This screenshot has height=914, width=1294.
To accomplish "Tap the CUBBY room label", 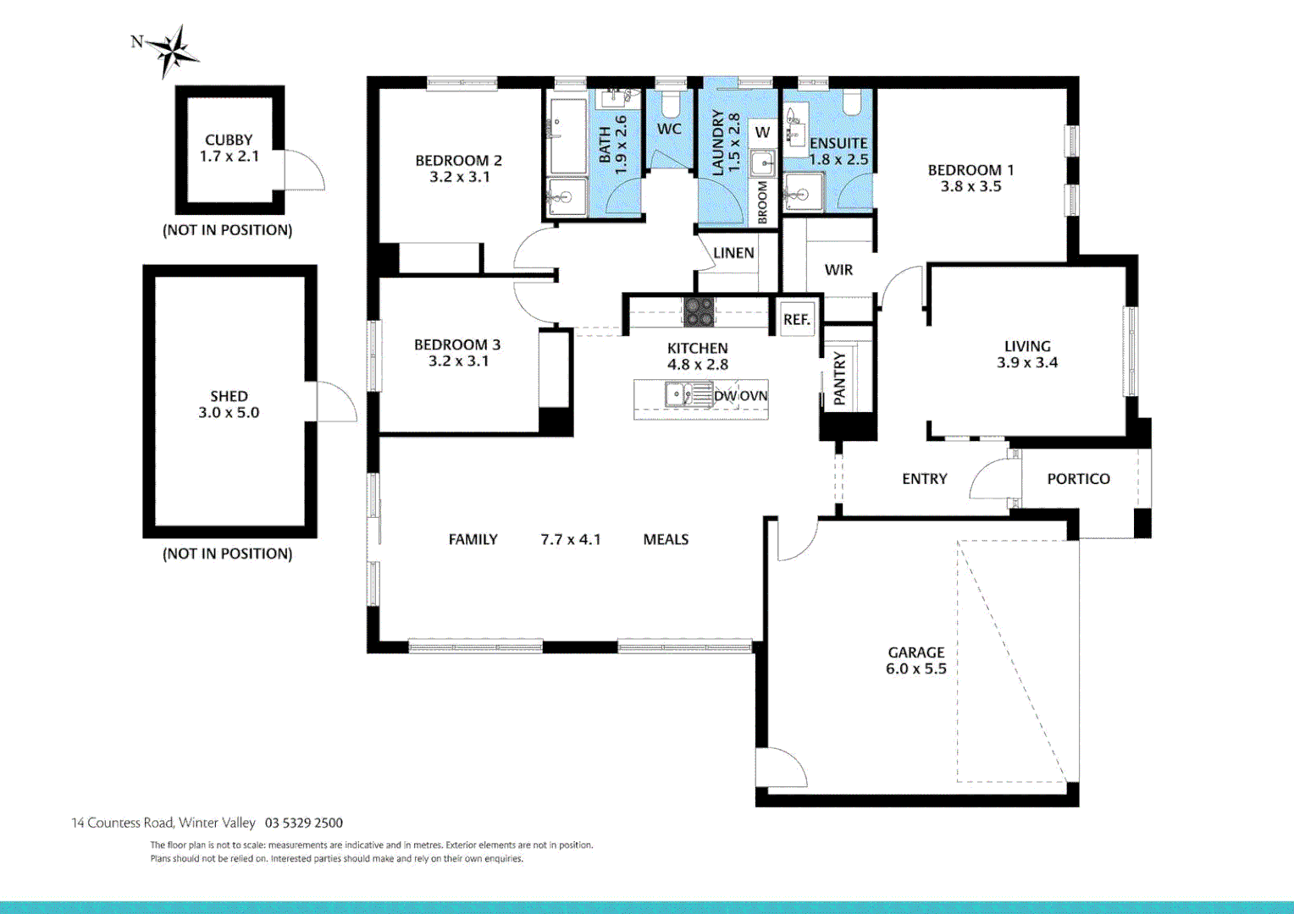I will [229, 140].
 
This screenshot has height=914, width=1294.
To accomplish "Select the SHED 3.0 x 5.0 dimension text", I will [229, 413].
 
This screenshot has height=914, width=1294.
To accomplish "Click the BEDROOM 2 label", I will [458, 161].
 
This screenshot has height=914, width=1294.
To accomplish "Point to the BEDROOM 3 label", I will [457, 344].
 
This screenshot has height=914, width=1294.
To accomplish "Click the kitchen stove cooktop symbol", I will [699, 311].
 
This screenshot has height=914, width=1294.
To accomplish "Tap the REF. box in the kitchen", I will [797, 320].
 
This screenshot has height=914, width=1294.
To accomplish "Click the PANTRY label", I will [839, 378].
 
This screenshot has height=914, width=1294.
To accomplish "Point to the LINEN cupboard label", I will [733, 253].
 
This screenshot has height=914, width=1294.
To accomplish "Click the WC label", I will [669, 129].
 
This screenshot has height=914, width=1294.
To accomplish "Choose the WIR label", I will [838, 270].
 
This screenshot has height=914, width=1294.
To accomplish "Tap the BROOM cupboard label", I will [762, 203].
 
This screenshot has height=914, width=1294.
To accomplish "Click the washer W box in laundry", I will [762, 132].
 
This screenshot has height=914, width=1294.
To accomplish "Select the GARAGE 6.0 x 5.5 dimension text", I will [916, 669].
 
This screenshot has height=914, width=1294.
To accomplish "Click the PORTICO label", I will [1078, 479].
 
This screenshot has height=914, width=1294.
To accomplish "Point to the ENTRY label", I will [924, 479].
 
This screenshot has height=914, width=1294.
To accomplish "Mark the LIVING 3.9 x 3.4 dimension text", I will [1027, 363].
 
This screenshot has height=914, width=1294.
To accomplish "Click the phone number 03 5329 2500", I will [304, 823].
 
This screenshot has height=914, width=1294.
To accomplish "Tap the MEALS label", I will [666, 540].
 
